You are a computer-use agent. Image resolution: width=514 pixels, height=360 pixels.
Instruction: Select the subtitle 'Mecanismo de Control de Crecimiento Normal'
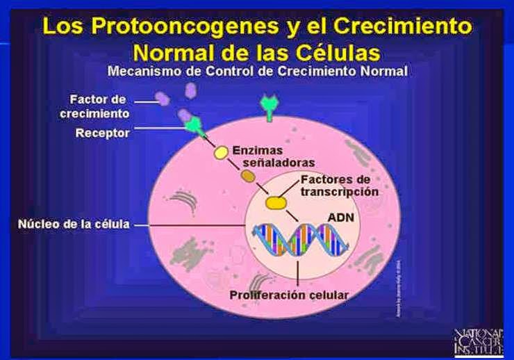257,71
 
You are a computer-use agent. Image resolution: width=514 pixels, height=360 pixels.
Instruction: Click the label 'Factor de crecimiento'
99,106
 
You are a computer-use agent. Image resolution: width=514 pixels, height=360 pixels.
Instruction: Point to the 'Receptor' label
102,133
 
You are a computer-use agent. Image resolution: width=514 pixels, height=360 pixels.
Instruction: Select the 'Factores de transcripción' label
340,186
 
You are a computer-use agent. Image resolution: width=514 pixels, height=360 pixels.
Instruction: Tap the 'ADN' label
341,218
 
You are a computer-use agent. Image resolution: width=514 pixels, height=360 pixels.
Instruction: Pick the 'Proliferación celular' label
289,294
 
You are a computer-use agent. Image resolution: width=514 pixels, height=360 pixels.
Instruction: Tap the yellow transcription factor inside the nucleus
276,202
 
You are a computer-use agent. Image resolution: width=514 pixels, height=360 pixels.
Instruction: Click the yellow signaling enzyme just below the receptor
220,152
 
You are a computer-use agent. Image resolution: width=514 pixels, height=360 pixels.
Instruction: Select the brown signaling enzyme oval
248,177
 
